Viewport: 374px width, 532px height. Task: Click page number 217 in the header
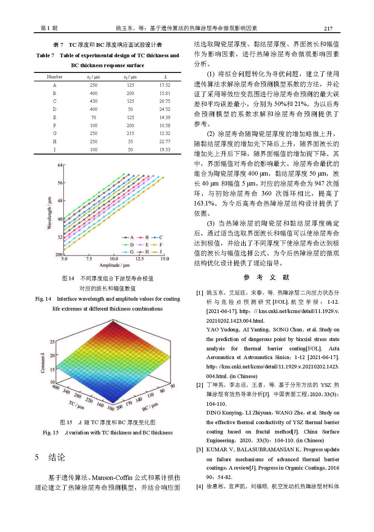[328, 29]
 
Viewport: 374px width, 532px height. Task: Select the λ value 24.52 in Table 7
[165, 109]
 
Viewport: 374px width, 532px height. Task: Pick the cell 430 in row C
[93, 101]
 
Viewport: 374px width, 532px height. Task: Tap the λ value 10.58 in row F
[165, 126]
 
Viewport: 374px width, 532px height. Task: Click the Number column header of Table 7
[55, 77]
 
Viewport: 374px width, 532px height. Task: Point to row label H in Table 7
[55, 142]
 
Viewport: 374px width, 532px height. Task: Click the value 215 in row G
[130, 133]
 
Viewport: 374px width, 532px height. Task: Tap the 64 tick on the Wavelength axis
[60, 165]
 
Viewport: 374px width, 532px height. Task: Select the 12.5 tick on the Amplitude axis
[139, 259]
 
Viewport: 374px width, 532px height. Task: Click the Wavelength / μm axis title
[49, 213]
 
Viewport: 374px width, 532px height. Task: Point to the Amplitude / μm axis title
[115, 265]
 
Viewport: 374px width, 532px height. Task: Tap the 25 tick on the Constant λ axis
[52, 342]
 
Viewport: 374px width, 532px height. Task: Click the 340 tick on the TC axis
[66, 392]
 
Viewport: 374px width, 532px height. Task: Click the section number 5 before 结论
[37, 457]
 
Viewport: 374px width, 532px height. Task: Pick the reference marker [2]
[200, 385]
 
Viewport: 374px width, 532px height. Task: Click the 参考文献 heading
[266, 277]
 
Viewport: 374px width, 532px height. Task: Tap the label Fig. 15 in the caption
[50, 433]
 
